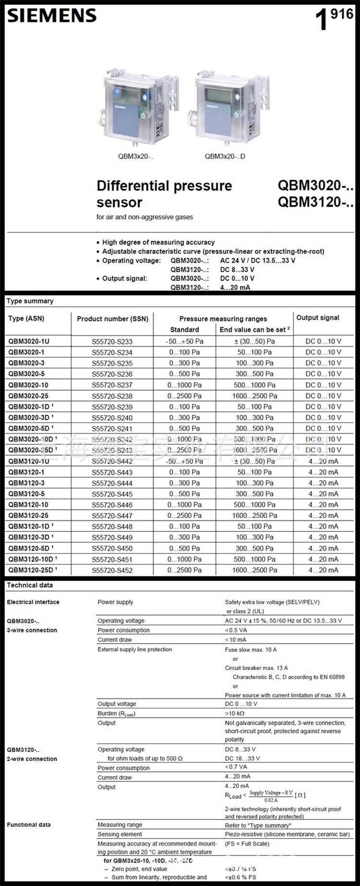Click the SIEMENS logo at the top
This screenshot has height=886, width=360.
(52, 16)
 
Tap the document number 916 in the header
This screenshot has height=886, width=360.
(342, 14)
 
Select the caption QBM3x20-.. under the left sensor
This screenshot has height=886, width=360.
(136, 156)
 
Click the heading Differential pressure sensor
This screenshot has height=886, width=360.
(164, 193)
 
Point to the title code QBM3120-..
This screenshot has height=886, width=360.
(315, 202)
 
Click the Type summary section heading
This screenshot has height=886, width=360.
(30, 301)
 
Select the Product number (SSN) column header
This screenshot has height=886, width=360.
(112, 319)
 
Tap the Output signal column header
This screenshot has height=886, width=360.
(318, 318)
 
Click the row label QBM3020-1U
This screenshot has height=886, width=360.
(28, 341)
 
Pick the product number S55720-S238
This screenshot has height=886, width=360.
(112, 396)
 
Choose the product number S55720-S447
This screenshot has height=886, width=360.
(112, 516)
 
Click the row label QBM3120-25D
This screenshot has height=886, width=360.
(32, 570)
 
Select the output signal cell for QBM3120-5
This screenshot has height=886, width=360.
(323, 494)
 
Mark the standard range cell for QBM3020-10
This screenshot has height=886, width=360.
(184, 385)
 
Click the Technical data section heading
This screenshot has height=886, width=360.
(30, 585)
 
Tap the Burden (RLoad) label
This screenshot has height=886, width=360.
(117, 713)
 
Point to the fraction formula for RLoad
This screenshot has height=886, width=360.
(271, 796)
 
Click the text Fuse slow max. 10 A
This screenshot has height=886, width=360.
(251, 649)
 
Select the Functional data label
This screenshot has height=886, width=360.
(29, 825)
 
